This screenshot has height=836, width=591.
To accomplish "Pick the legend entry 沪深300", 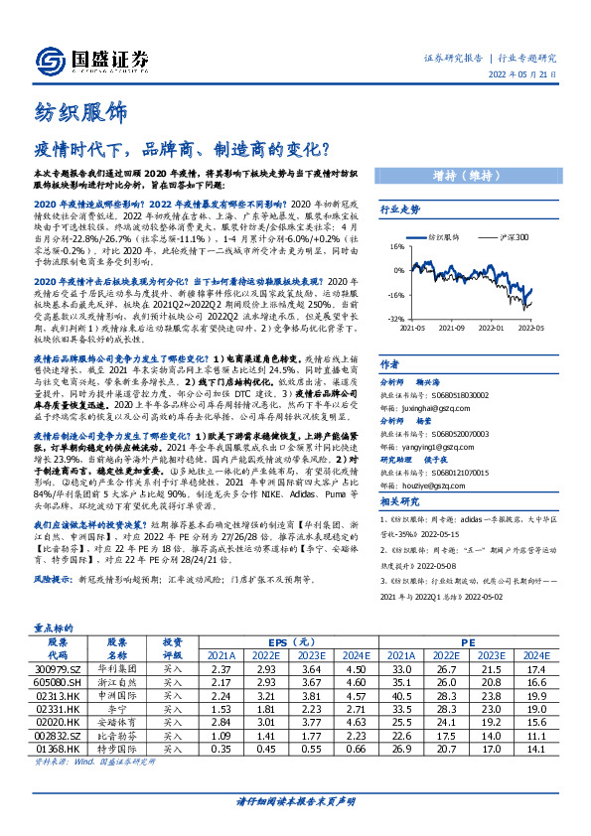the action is [515, 238].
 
